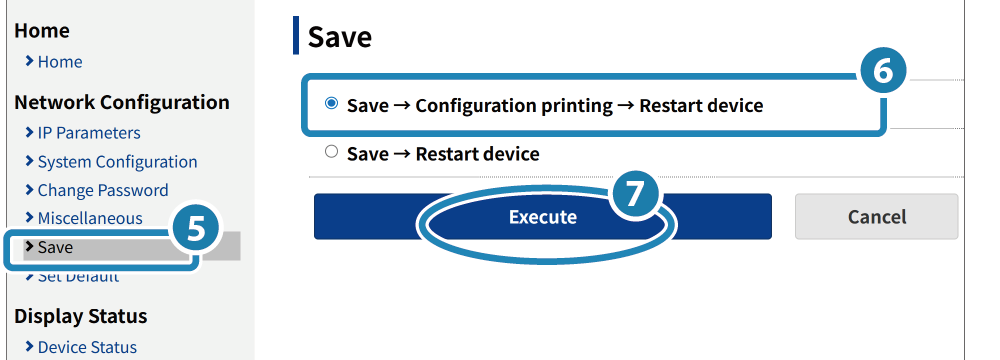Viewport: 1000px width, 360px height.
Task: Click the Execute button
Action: [542, 217]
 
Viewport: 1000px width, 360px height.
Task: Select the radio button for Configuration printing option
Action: [331, 103]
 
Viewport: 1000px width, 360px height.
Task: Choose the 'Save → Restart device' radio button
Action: [331, 152]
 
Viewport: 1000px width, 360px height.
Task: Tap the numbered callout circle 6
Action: [883, 72]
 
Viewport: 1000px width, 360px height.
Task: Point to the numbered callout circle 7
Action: [633, 194]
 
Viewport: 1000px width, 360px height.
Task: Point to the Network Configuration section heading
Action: [122, 102]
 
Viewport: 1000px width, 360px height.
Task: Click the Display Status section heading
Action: [80, 316]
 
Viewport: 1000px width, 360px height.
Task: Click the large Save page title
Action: [340, 37]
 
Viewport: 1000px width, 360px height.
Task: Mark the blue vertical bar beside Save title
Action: [296, 36]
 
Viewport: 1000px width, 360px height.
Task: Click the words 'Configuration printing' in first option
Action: [514, 105]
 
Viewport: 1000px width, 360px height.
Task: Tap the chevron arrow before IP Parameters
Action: [29, 132]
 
